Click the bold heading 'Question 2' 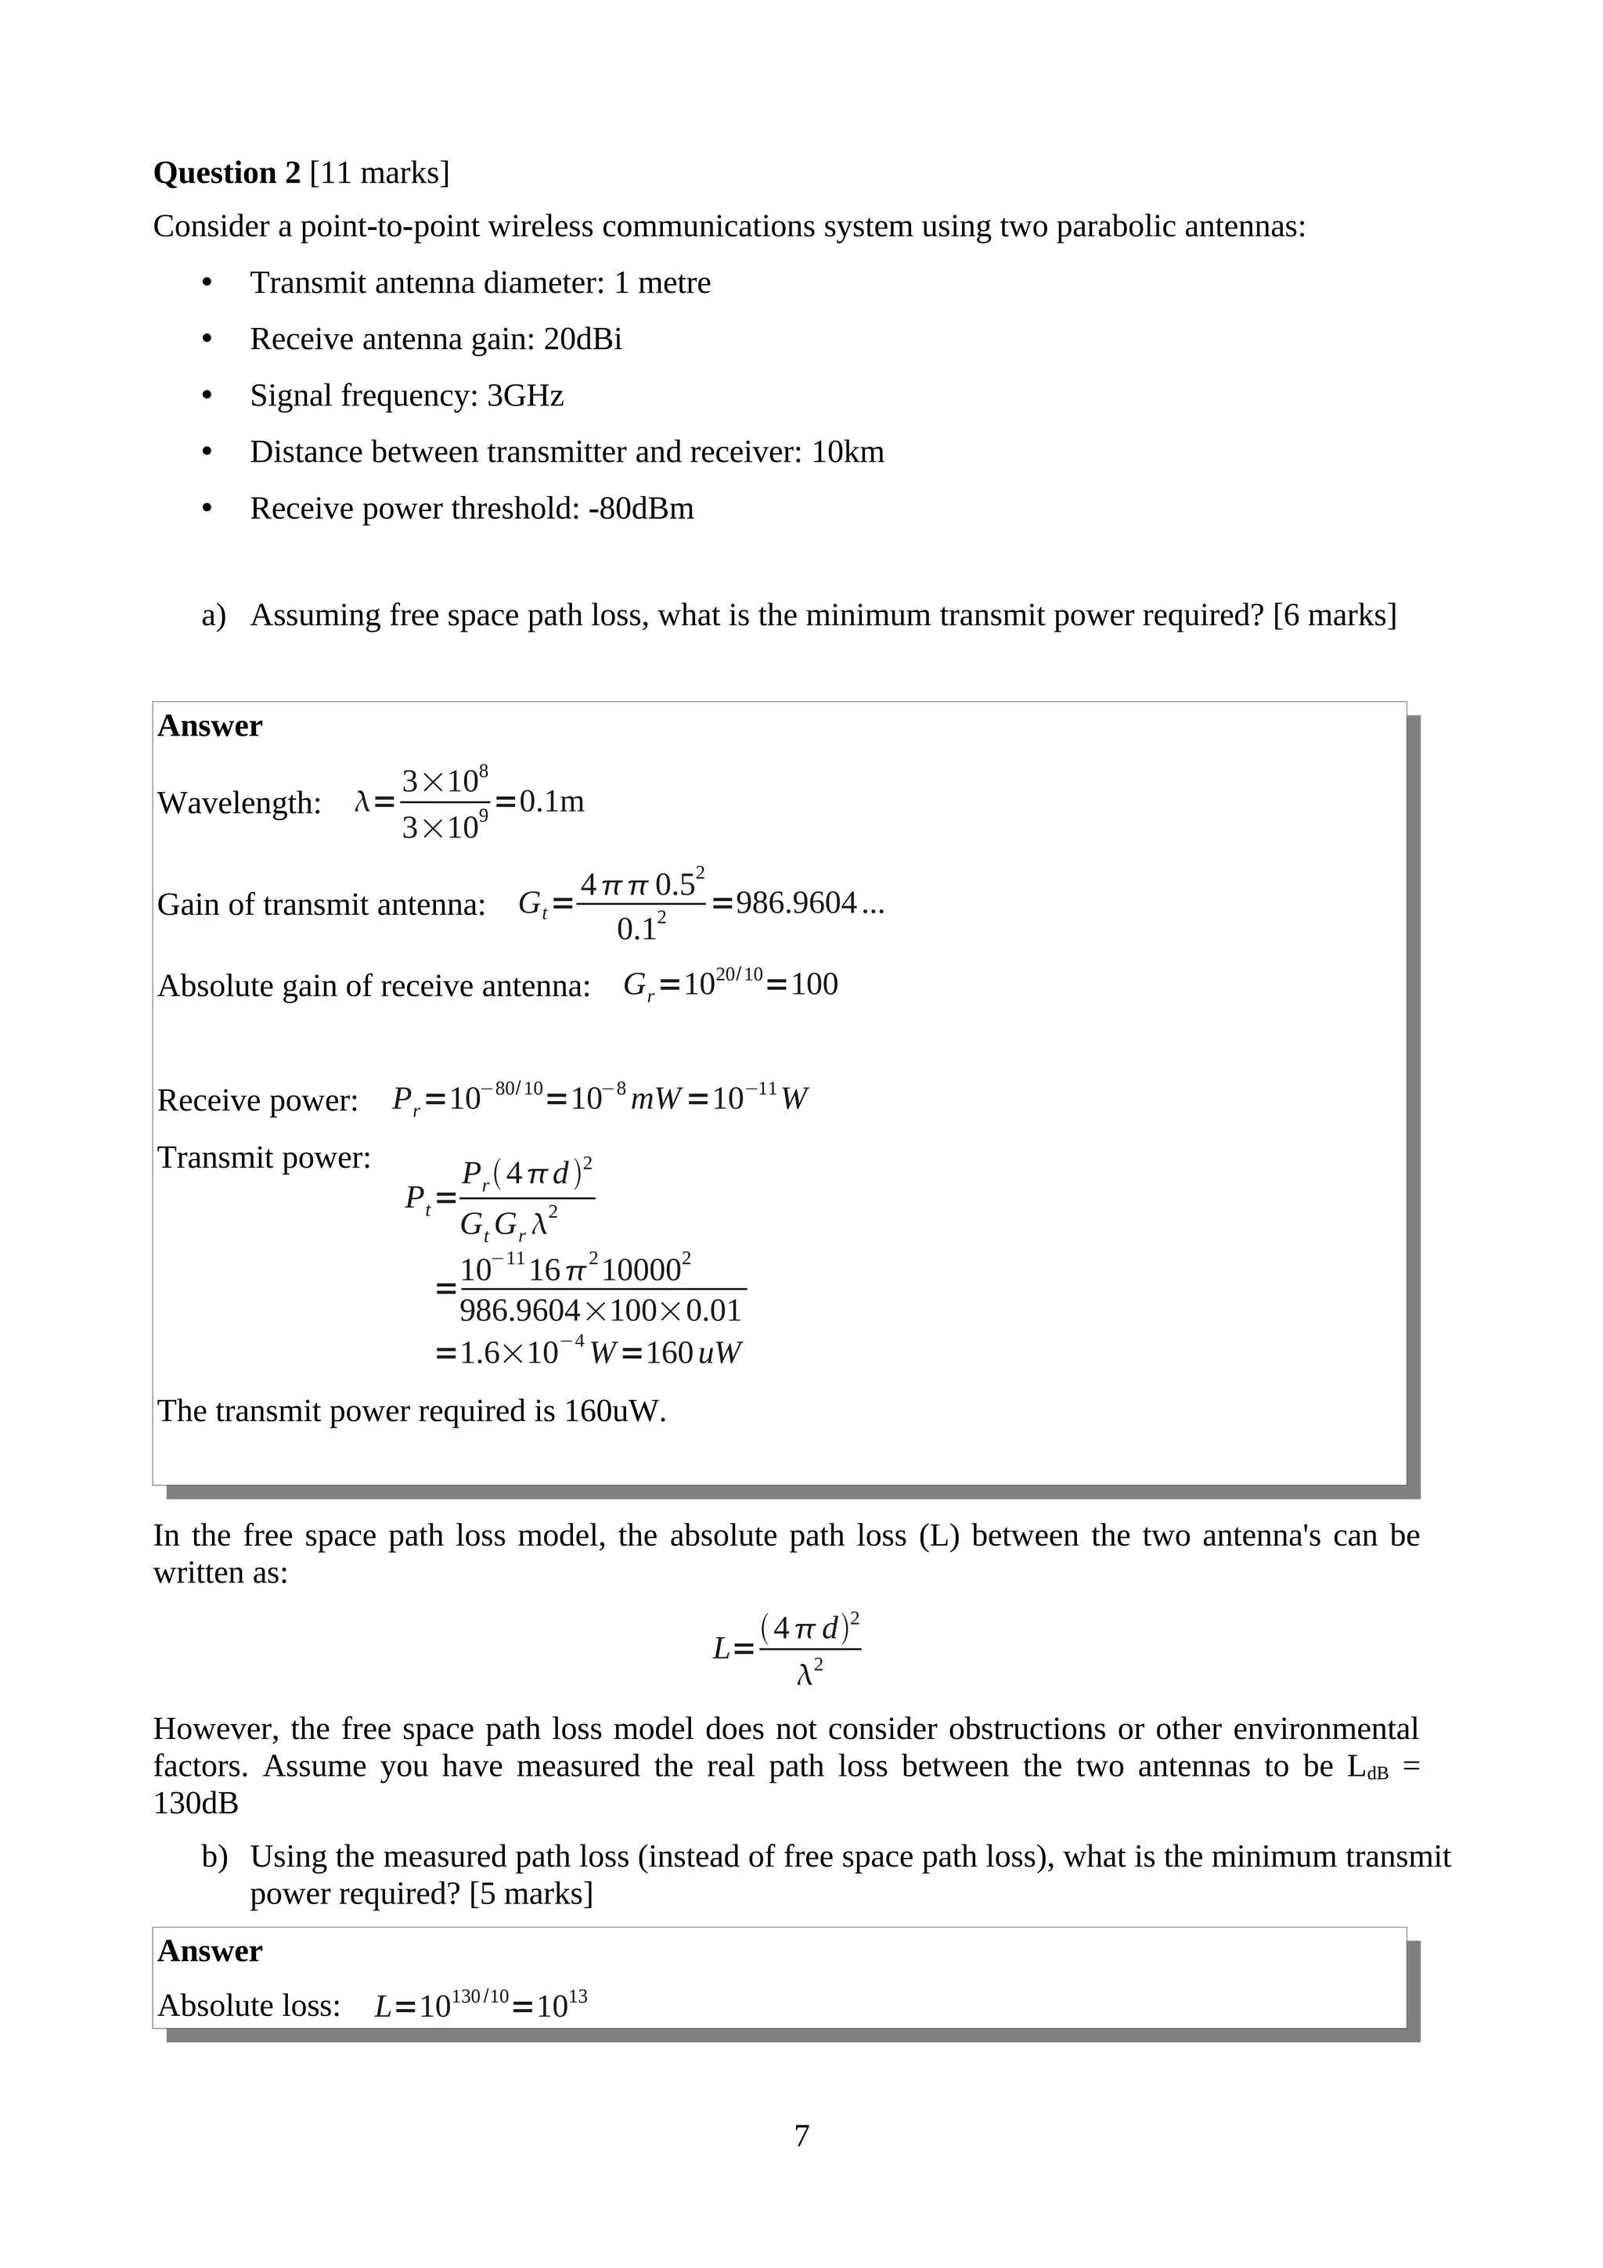point(226,173)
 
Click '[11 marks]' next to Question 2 point(380,173)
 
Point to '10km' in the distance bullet point(848,452)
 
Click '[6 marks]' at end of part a point(1335,614)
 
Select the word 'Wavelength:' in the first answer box point(239,803)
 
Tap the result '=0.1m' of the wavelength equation point(540,801)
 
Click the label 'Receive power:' point(258,1100)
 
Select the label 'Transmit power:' point(264,1157)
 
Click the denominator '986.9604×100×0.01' point(600,1311)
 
